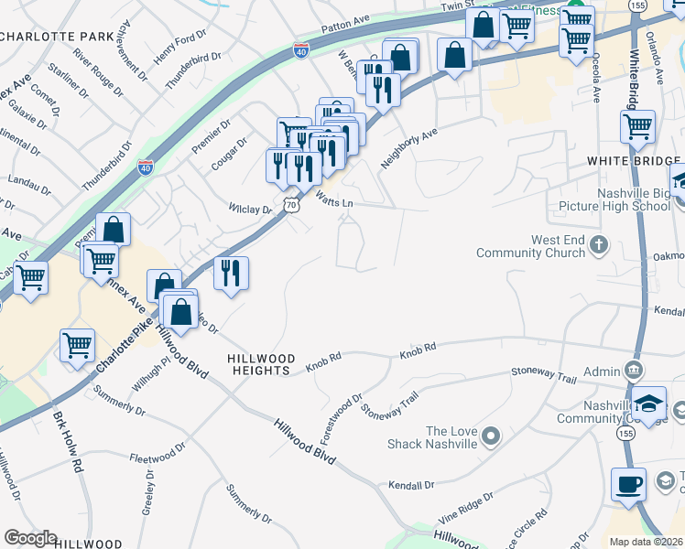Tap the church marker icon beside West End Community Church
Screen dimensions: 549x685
tap(599, 244)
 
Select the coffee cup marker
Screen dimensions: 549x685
tap(628, 484)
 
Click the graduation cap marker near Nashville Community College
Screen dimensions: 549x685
tap(648, 404)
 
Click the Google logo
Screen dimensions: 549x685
tap(30, 538)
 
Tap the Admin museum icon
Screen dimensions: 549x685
tap(633, 371)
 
